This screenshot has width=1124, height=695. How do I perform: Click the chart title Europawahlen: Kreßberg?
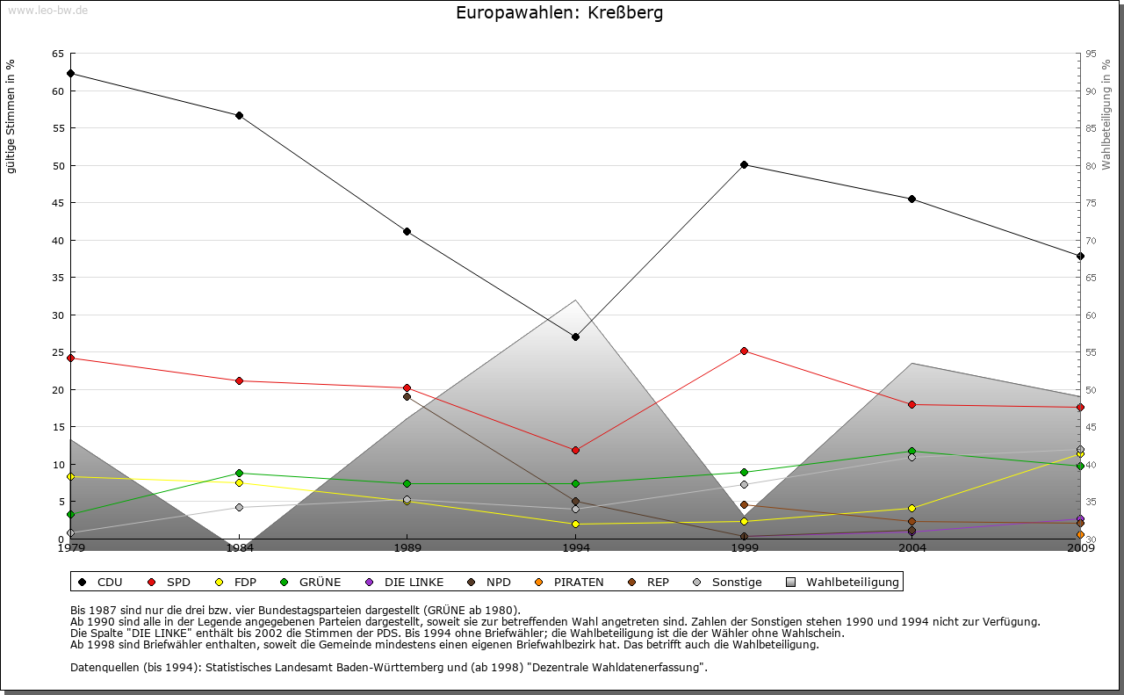559,13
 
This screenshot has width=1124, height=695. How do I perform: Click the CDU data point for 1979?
70,73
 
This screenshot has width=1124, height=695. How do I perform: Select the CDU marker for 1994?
575,337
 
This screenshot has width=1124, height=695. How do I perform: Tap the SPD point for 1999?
744,351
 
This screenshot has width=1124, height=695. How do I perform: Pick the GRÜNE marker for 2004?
911,452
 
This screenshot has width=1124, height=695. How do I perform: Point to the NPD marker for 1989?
407,396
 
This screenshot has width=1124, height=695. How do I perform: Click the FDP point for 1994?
575,524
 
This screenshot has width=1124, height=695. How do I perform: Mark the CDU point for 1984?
239,115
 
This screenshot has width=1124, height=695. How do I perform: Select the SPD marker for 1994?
575,450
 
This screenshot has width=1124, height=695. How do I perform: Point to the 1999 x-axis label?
744,547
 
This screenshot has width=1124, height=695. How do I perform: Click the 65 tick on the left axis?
57,54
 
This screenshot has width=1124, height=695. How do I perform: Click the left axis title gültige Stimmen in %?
11,116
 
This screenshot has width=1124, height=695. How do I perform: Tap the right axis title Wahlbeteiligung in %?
1106,115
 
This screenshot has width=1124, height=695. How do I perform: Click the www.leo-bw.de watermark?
47,10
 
